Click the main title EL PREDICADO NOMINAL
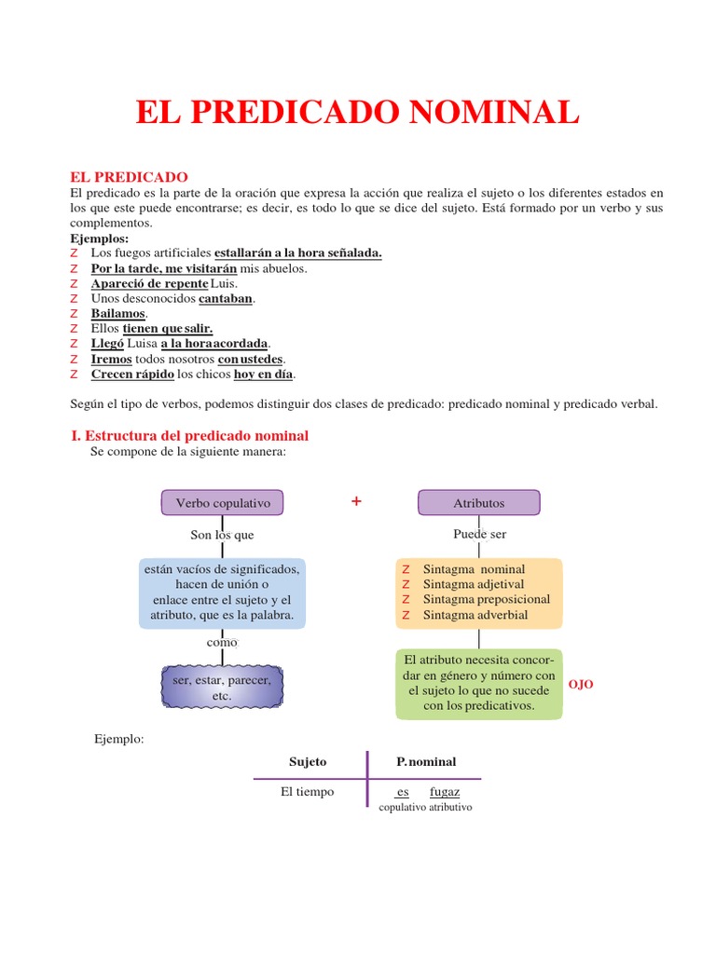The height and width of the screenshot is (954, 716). pos(357,113)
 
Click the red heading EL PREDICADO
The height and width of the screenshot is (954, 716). pos(130,177)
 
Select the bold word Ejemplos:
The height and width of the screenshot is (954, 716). pos(100,238)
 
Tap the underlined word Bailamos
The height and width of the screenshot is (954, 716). pos(118,314)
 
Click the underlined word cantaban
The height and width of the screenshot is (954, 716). pos(226,299)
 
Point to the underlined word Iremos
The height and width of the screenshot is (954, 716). pos(111,359)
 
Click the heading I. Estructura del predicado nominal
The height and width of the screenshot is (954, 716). pos(189,435)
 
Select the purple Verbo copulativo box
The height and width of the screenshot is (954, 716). pos(223,503)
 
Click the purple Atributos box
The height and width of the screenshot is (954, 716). pos(478,503)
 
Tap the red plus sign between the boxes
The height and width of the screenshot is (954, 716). pos(356,502)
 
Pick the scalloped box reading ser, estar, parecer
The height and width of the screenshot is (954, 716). pos(222,688)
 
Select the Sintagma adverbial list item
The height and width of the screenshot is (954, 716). pos(475,615)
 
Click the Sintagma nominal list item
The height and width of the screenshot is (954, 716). pos(474,569)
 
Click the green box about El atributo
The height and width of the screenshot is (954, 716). pos(479,684)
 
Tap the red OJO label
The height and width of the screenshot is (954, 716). pos(581,685)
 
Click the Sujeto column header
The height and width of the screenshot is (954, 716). pos(308,762)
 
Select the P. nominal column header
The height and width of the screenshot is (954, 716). pos(426,762)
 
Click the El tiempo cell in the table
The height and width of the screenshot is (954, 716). pos(307,792)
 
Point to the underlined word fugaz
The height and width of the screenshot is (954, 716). pos(445,792)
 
